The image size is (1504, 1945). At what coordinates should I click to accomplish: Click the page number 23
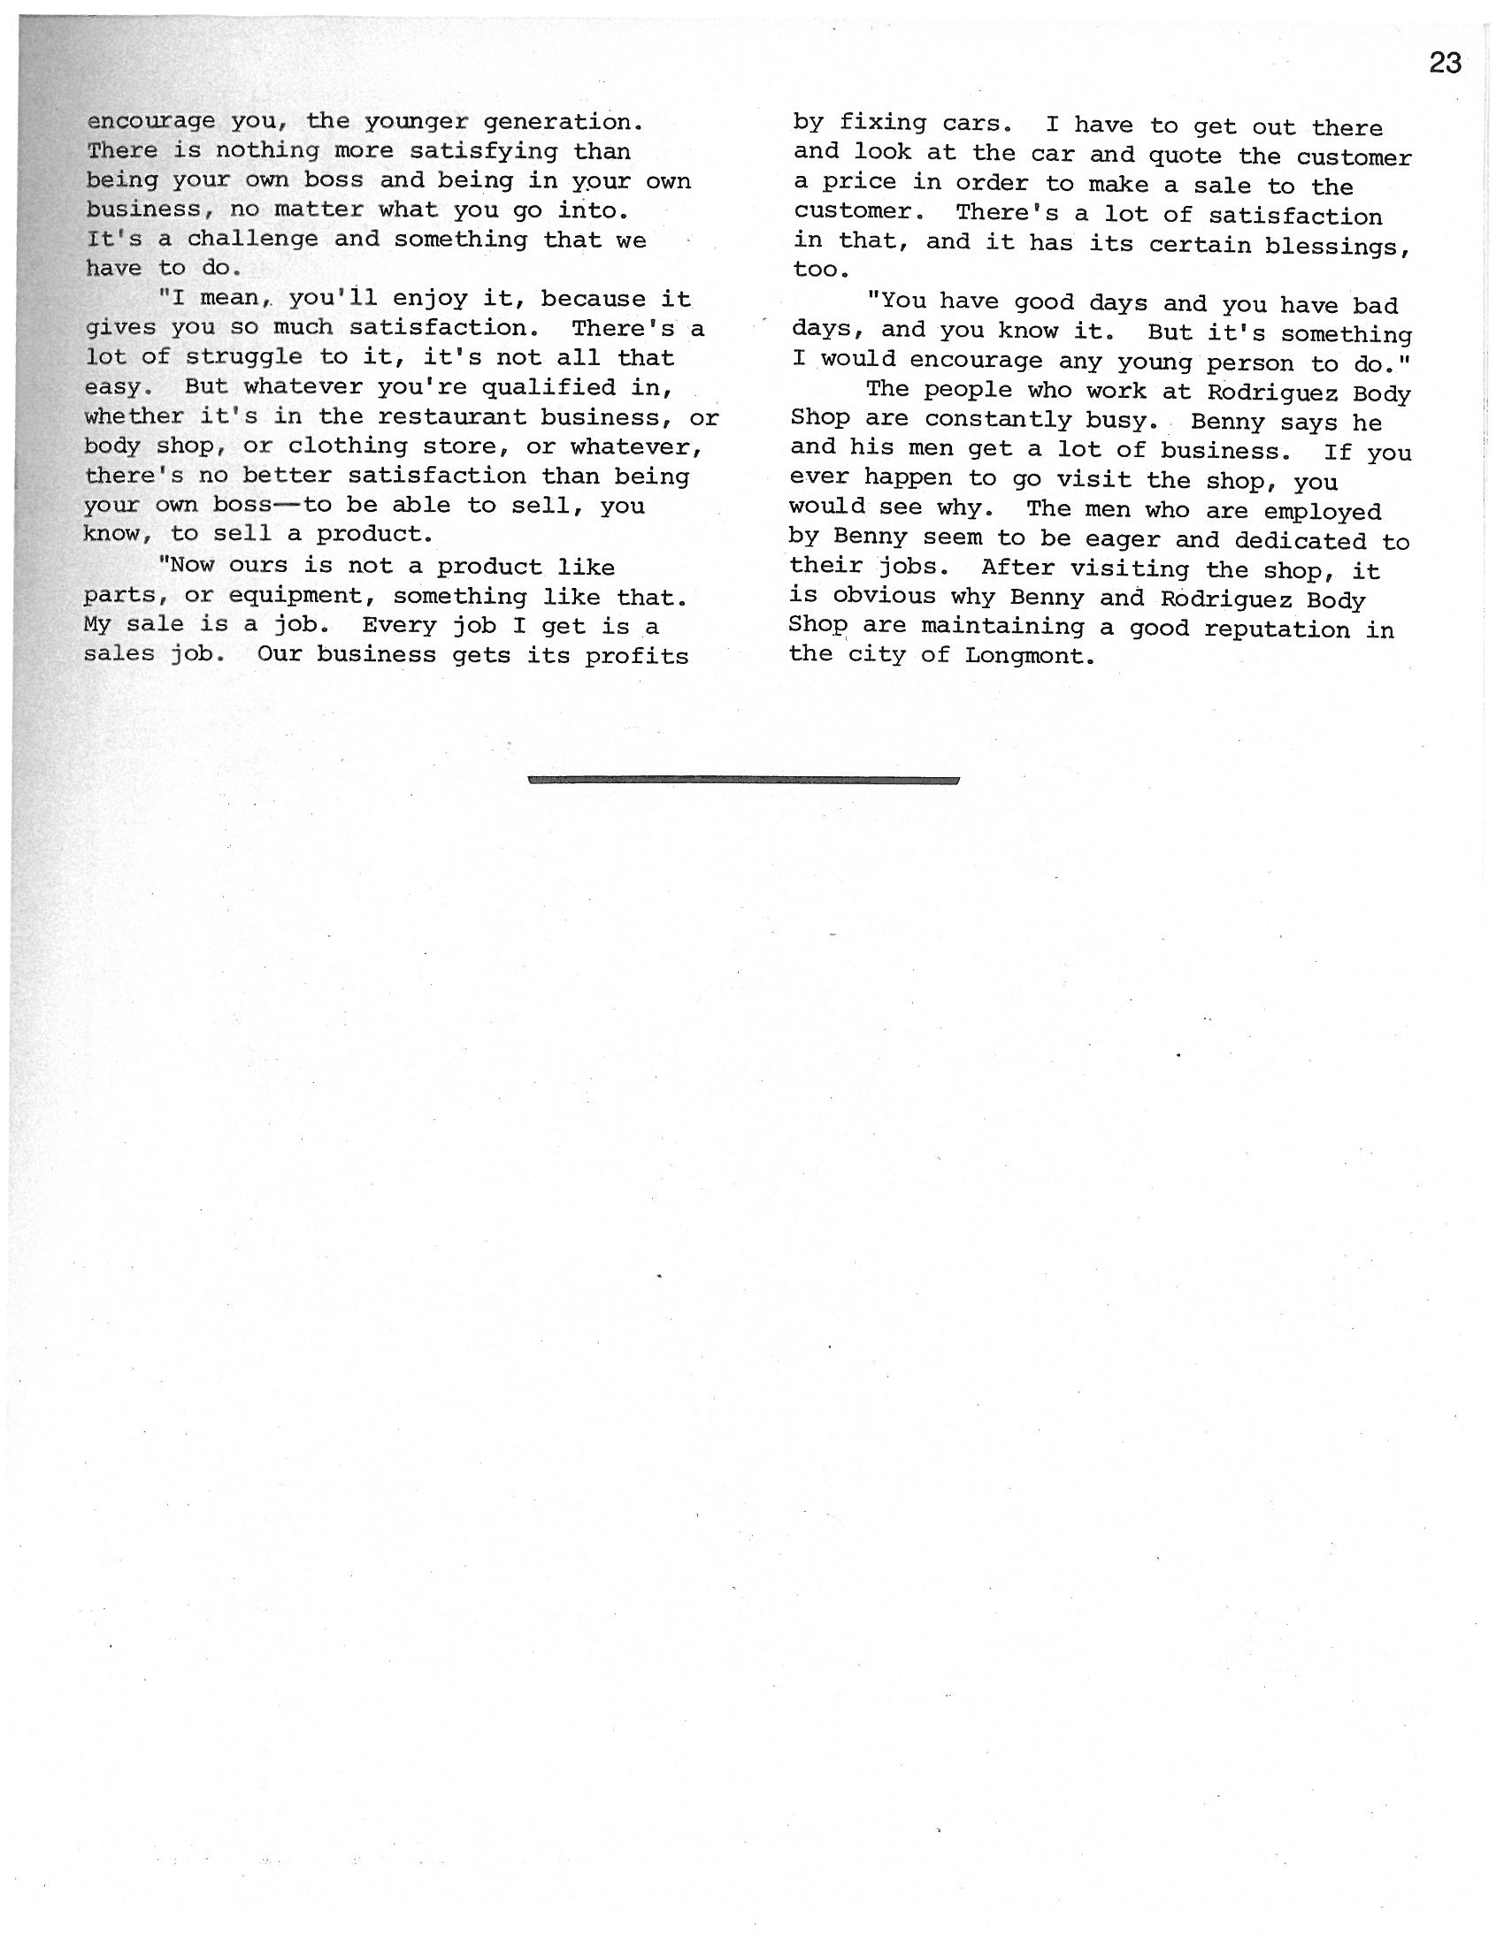(1446, 64)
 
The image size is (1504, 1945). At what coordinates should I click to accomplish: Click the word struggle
(245, 358)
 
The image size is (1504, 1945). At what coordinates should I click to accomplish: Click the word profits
(637, 656)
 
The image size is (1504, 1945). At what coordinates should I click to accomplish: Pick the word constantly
(998, 419)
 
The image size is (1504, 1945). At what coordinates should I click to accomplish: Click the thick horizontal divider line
(743, 780)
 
